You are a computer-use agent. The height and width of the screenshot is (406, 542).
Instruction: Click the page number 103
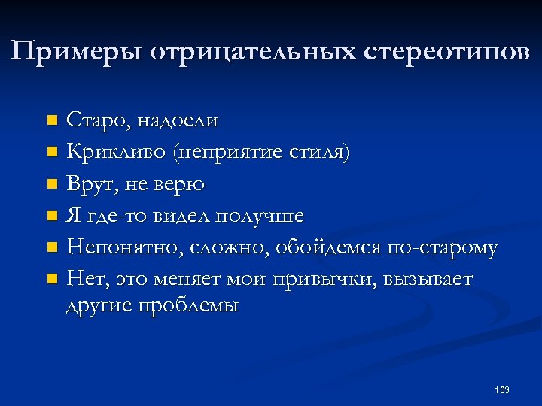502,389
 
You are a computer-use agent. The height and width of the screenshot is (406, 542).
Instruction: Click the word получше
260,217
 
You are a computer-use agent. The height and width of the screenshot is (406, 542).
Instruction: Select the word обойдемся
327,248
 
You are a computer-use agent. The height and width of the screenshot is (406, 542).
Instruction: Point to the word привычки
327,280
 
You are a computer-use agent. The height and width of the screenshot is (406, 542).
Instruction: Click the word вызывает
428,280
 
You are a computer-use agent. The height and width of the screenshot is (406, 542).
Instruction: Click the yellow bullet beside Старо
51,120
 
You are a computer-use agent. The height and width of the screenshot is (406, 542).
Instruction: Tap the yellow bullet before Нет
51,280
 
